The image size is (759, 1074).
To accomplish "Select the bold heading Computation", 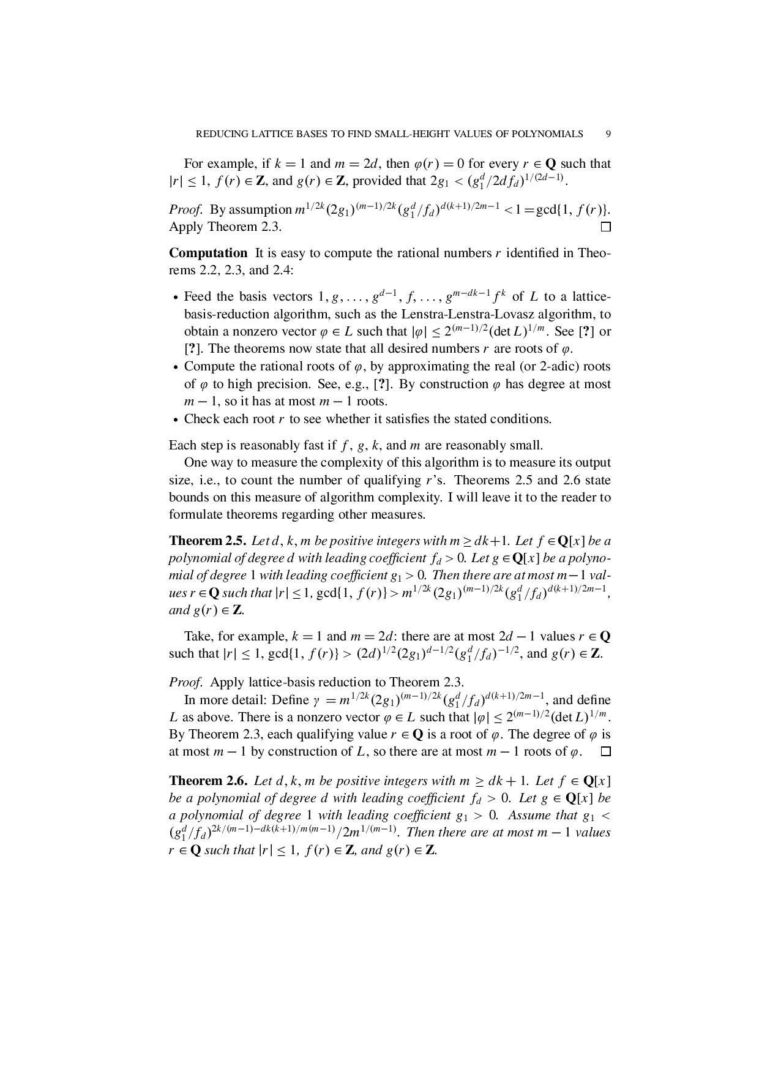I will (208, 253).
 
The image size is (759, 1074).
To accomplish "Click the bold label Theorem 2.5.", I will (208, 541).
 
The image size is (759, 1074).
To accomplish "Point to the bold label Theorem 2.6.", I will (208, 781).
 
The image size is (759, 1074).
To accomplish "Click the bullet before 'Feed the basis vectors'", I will (176, 298).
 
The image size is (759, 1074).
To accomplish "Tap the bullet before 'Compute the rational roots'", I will (176, 368).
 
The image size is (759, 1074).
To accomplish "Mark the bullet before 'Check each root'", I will (176, 420).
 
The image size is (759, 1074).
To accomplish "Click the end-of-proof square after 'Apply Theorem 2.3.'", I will (605, 227).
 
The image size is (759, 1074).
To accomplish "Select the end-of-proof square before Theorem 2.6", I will (605, 752).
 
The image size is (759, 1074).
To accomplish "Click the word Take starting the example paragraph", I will (196, 636).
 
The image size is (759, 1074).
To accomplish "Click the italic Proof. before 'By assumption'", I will (186, 210).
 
